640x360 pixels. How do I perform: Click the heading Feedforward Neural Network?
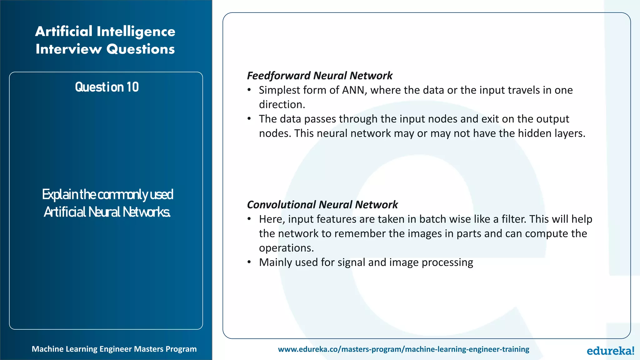[319, 76]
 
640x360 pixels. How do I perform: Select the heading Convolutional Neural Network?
[322, 205]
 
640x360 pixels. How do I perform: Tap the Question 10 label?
[107, 87]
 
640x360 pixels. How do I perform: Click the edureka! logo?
[610, 351]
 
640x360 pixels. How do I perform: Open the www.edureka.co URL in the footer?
[403, 349]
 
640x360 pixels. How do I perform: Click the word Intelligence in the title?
[136, 32]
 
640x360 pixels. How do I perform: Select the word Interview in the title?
[69, 49]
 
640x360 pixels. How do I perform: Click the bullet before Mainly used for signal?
[249, 262]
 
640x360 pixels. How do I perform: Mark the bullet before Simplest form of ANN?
[249, 90]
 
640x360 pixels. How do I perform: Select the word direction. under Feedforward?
[282, 104]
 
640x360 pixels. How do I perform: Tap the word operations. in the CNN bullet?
[286, 248]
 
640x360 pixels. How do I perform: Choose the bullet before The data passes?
[249, 119]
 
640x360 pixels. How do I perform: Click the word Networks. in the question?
[146, 212]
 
